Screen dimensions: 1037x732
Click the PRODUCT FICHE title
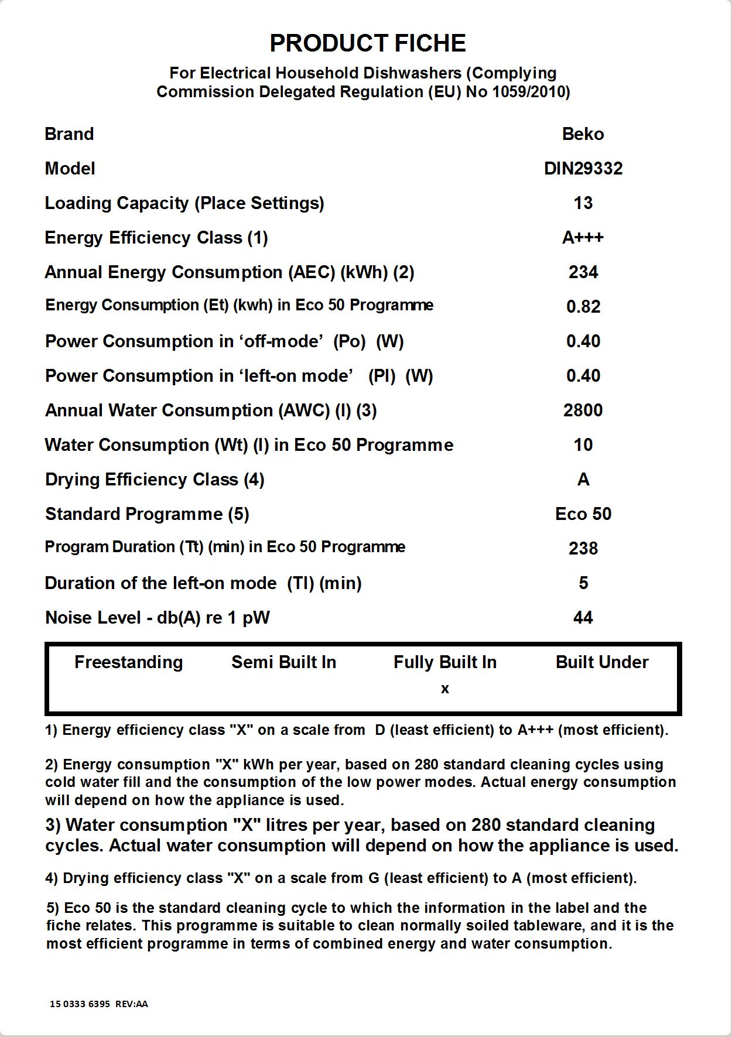[x=367, y=43]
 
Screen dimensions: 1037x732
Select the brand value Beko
[x=583, y=134]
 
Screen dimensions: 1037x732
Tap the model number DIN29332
[x=583, y=169]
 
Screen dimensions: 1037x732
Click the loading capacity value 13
[x=583, y=203]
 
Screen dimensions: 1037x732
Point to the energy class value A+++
[x=583, y=238]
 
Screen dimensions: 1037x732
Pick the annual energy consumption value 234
[x=583, y=272]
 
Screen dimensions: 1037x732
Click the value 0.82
[x=583, y=307]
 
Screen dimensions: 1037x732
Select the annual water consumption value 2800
[x=583, y=410]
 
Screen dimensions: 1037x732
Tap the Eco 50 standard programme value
[x=583, y=514]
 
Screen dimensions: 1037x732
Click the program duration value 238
[x=583, y=549]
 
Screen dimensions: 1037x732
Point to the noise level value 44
[x=583, y=618]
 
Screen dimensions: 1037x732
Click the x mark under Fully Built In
[x=445, y=689]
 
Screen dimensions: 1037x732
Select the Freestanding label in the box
[x=128, y=662]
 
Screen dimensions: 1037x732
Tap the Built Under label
[x=601, y=662]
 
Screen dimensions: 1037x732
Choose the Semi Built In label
[x=283, y=662]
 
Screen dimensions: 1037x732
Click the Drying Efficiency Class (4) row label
[x=155, y=480]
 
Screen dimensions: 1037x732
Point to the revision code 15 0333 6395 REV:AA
[x=98, y=1004]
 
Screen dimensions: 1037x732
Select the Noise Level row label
[x=157, y=618]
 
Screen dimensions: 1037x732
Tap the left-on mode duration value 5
[x=583, y=583]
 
